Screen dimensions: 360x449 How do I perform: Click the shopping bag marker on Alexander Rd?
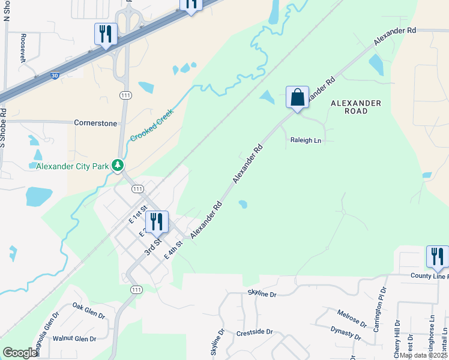click(x=297, y=97)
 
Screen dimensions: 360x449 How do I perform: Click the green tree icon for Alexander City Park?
click(x=119, y=165)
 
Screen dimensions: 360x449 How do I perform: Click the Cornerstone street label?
click(x=95, y=122)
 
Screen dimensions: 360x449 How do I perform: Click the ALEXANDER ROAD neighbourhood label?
click(x=356, y=107)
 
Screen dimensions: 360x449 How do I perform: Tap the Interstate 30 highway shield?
click(x=55, y=76)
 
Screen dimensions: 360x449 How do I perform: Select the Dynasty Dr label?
click(x=345, y=334)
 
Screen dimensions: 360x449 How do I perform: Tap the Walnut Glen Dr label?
click(x=74, y=339)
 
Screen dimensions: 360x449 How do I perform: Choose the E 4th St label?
click(x=173, y=251)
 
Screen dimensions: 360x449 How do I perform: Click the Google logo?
click(x=20, y=353)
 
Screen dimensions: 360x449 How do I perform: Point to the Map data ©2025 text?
click(x=423, y=355)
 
